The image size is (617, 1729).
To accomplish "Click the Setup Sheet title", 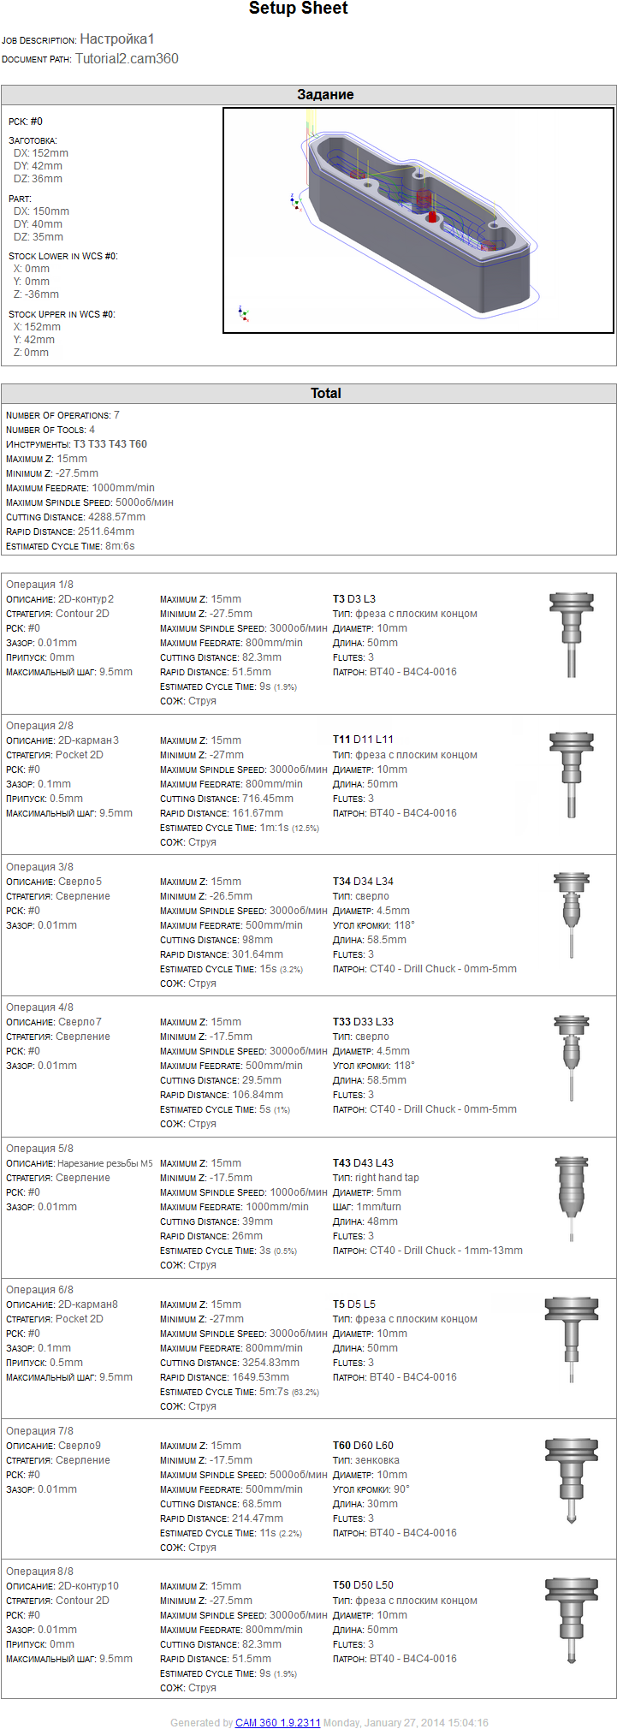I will pos(298,9).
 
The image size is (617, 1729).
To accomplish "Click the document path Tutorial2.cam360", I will pos(127,59).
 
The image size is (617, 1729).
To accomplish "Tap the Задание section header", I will pos(325,95).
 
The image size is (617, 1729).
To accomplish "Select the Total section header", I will pos(325,394).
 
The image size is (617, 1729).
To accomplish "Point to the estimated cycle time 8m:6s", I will pos(120,546).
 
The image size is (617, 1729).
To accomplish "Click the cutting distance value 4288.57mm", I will pos(116,517).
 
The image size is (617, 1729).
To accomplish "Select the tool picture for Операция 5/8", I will pos(572,1198).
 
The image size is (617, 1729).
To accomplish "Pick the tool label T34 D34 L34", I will pos(363,882).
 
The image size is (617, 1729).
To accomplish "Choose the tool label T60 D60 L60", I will pos(363,1446).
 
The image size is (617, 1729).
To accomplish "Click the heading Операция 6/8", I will pos(39,1290).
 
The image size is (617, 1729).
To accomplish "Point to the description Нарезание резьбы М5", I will pos(104,1163).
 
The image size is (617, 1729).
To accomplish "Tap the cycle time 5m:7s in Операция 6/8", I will pos(273,1392).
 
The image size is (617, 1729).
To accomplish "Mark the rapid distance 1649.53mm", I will pos(260,1377).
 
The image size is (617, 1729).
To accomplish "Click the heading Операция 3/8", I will pos(39,867).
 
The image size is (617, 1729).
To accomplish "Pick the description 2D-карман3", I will pos(88,740).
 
